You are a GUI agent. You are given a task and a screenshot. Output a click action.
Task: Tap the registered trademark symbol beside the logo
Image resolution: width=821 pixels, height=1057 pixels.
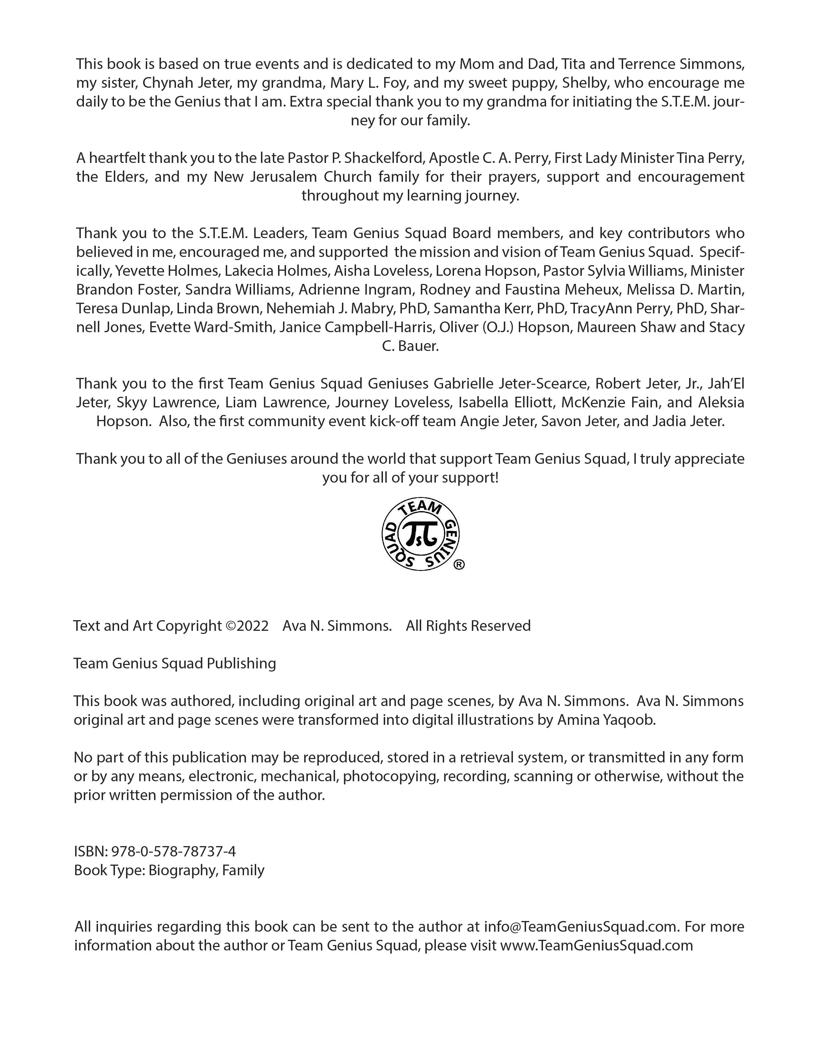pyautogui.click(x=460, y=564)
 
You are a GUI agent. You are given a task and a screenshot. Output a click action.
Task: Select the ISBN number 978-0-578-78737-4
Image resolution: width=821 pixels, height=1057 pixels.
pyautogui.click(x=173, y=851)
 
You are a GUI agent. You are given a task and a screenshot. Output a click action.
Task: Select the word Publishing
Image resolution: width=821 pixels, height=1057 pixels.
pyautogui.click(x=241, y=663)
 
